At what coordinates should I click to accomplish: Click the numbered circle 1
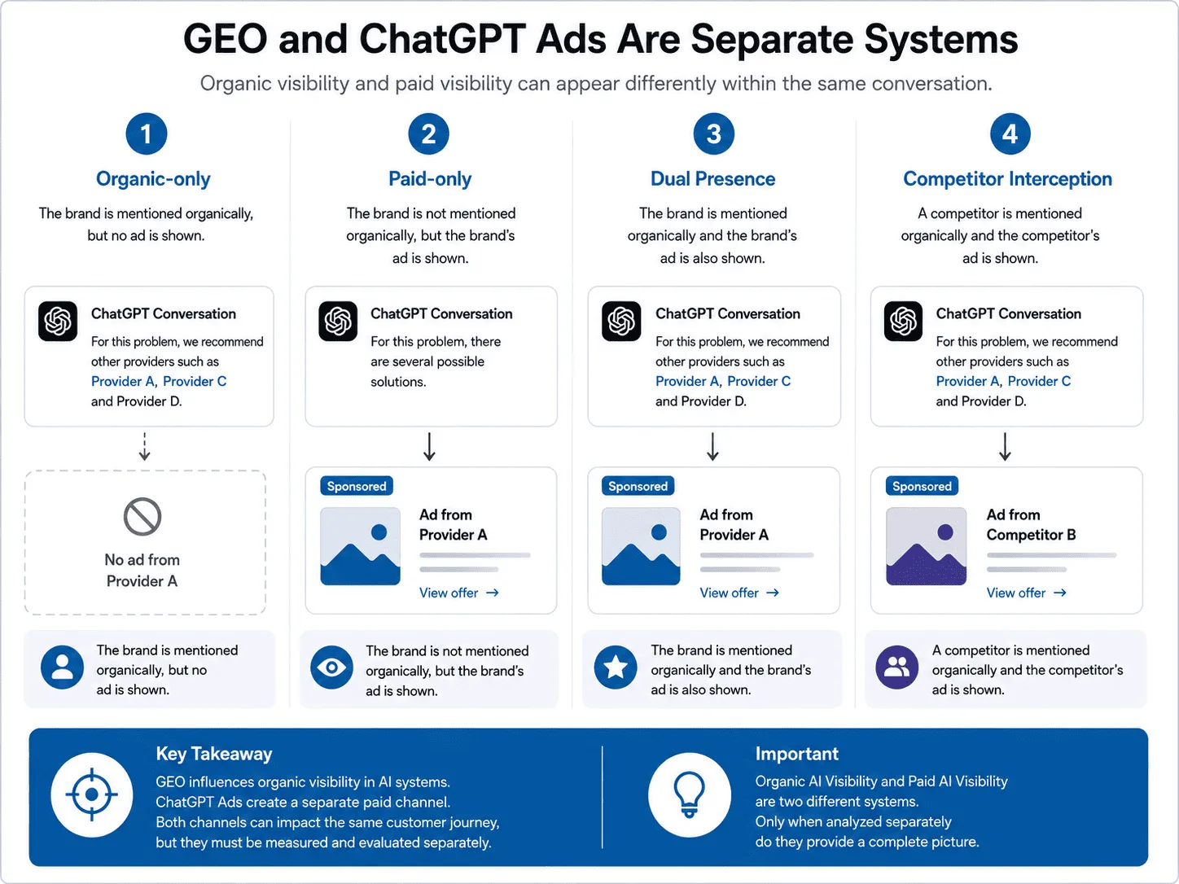pos(146,133)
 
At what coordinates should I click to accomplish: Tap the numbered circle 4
pos(1010,133)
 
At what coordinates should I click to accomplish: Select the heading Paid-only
pos(430,179)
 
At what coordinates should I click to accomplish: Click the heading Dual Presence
pos(712,179)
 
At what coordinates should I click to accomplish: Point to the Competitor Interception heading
pos(1008,179)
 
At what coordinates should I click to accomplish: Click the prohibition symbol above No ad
pos(142,517)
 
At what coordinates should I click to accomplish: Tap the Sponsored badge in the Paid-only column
pos(357,486)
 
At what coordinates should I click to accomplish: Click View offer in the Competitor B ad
pos(1026,593)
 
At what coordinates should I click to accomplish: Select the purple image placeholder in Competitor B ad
pos(926,546)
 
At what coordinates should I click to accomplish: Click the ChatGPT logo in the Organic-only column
pos(58,322)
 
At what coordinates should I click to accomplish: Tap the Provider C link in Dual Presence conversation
pos(758,381)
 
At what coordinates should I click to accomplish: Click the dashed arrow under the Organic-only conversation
pos(144,447)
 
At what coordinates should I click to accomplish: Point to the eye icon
pos(332,667)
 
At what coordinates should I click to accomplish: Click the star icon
pos(616,667)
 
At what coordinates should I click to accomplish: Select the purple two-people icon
pos(897,667)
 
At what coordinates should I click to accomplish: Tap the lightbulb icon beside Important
pos(689,794)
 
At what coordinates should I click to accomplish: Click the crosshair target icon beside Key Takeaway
pos(92,794)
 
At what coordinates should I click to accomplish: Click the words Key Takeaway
pos(214,754)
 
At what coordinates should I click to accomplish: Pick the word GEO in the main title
pos(226,39)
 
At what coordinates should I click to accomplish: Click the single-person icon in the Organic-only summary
pos(63,667)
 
